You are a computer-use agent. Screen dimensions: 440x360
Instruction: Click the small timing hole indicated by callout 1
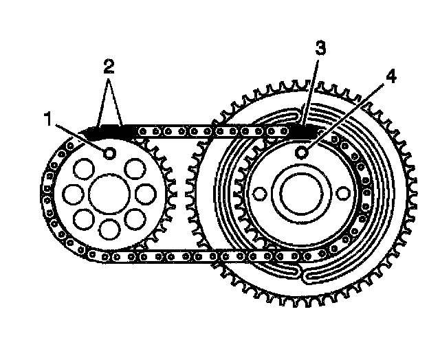pyautogui.click(x=109, y=153)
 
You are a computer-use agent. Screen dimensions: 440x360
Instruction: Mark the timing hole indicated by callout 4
pyautogui.click(x=301, y=153)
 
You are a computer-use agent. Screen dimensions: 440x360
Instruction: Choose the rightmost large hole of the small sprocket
pyautogui.click(x=146, y=194)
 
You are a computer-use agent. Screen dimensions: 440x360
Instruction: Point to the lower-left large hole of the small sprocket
pyautogui.click(x=84, y=220)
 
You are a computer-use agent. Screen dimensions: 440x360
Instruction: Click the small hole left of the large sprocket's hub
pyautogui.click(x=259, y=194)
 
